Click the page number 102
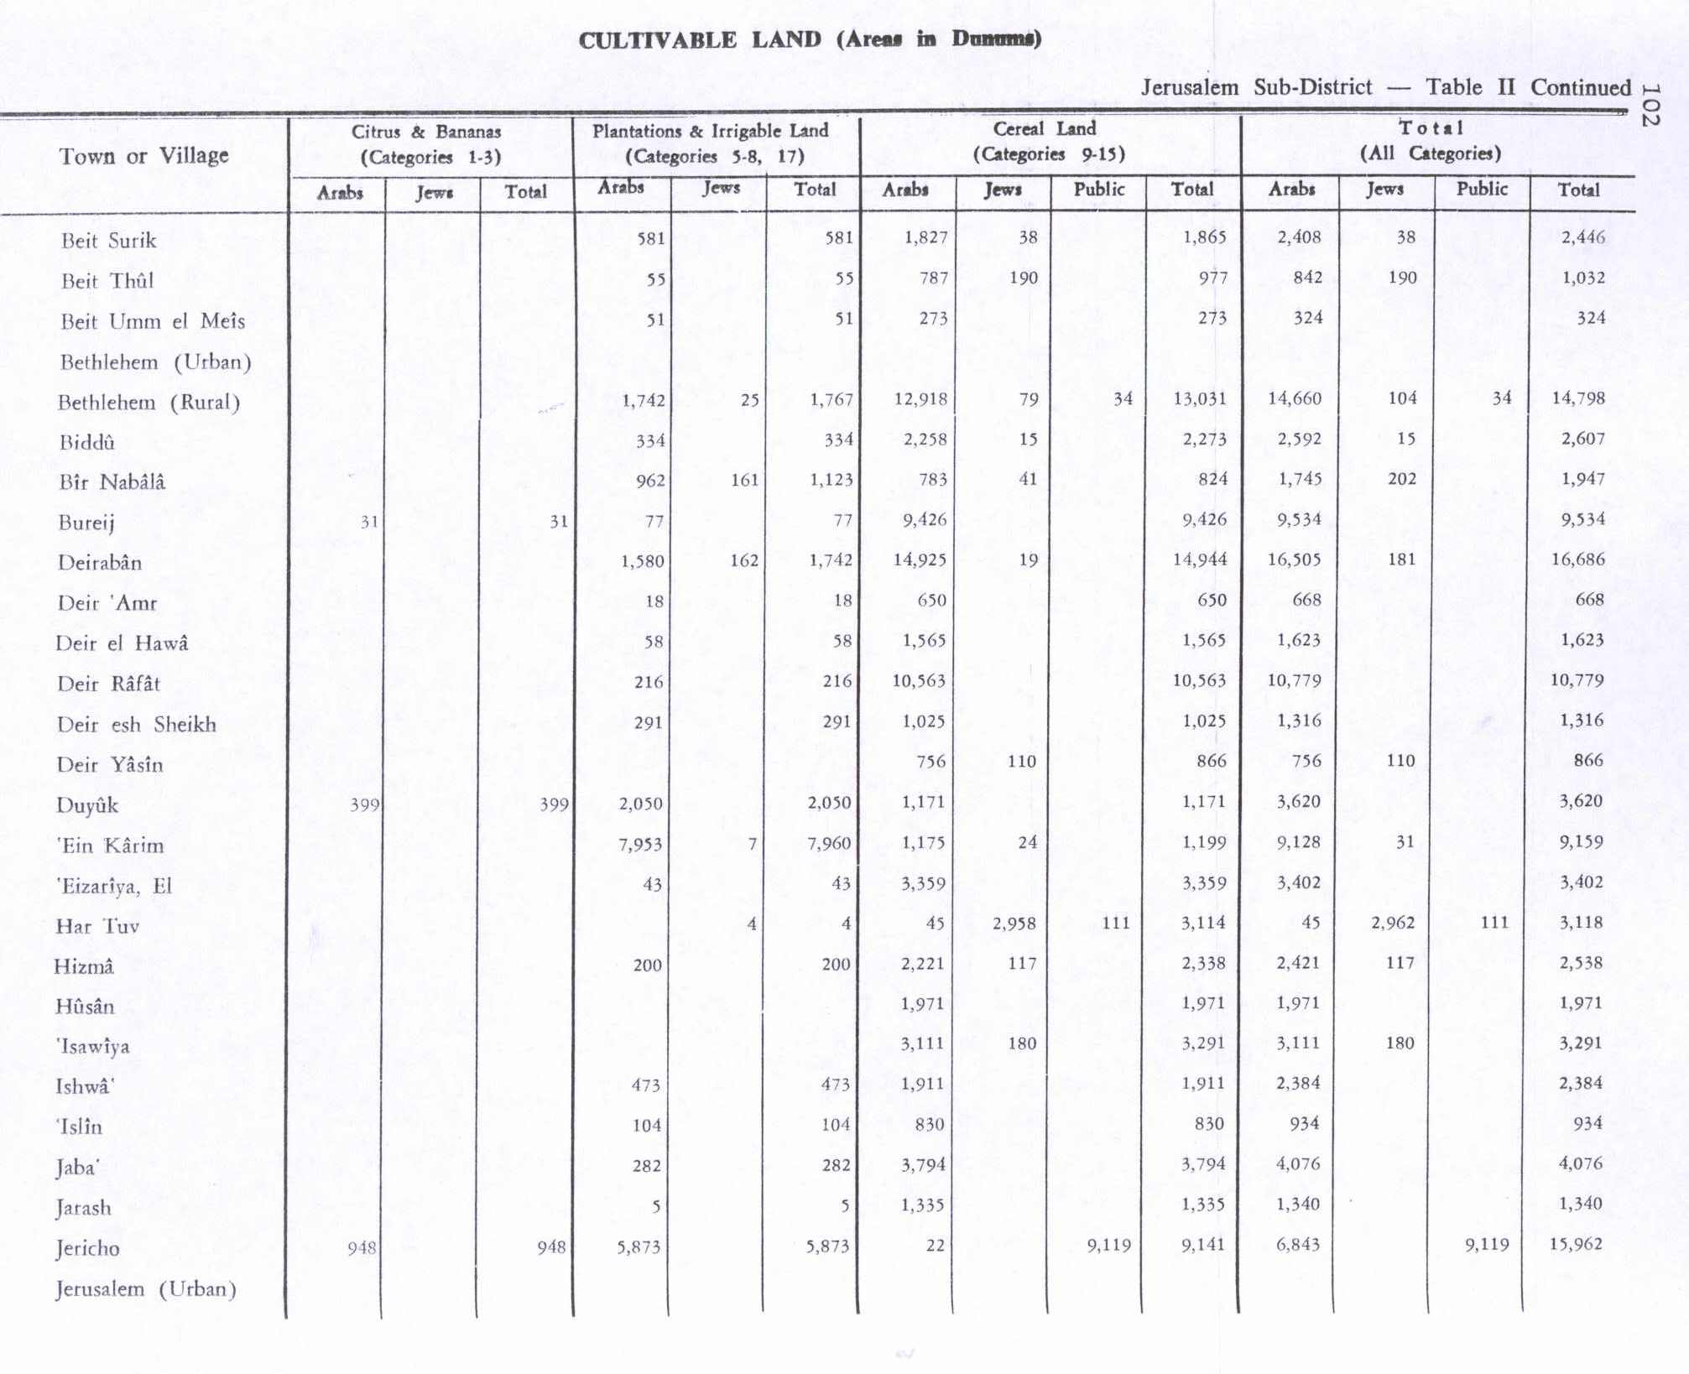point(1650,104)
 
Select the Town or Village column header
point(143,156)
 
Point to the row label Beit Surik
point(108,241)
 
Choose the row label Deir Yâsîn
point(110,764)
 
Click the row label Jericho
point(87,1248)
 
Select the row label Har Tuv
point(97,926)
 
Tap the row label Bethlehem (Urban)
point(155,362)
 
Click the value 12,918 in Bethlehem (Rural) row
point(920,399)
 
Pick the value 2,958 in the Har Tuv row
point(1014,924)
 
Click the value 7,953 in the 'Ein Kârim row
point(640,844)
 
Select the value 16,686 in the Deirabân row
point(1577,559)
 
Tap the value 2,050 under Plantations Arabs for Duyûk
point(641,804)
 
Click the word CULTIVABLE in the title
point(657,40)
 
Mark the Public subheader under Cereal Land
point(1098,190)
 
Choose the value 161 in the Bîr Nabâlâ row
point(744,480)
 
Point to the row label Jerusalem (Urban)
point(146,1288)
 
